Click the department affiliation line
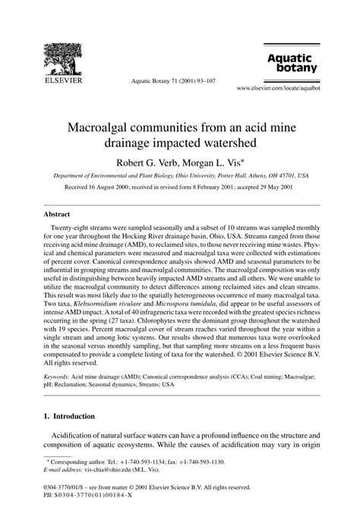click(x=180, y=175)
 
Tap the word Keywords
click(x=59, y=374)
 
